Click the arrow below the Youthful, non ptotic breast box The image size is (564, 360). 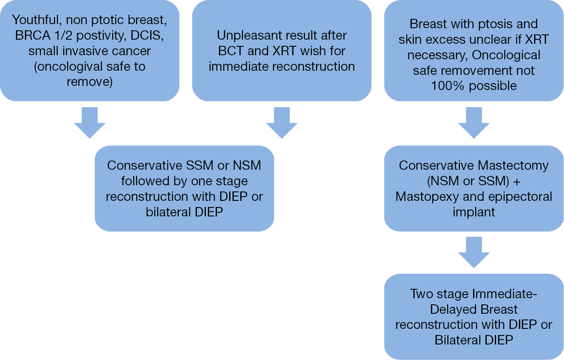[x=90, y=123]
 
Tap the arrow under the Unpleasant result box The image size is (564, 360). [x=282, y=123]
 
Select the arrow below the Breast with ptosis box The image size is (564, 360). [x=474, y=123]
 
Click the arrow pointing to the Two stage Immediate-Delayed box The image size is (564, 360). [x=474, y=252]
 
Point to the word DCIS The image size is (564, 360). [x=147, y=36]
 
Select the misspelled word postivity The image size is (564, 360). [x=101, y=36]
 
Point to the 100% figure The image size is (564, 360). [x=447, y=86]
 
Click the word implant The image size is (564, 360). [x=474, y=212]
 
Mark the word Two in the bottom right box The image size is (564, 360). [x=422, y=294]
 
